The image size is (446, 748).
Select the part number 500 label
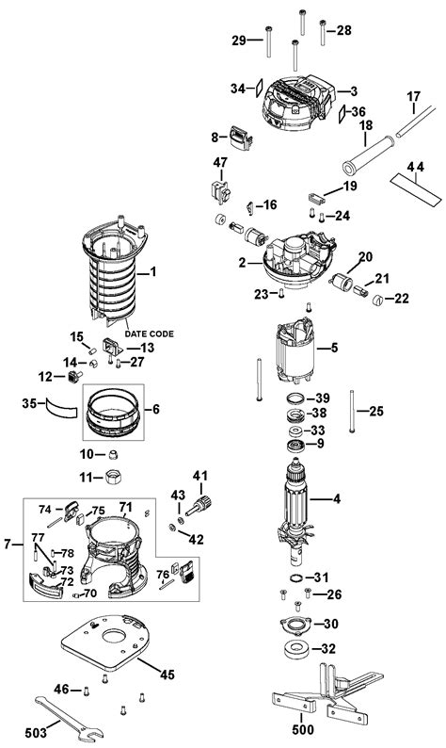click(303, 729)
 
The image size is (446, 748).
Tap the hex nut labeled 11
click(113, 476)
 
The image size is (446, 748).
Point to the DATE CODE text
click(150, 333)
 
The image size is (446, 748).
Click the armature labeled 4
click(296, 511)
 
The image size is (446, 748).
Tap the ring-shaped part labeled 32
click(296, 650)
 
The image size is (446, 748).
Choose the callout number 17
click(413, 96)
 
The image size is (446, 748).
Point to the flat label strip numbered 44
click(416, 189)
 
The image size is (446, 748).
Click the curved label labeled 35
click(61, 408)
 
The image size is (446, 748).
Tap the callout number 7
click(7, 544)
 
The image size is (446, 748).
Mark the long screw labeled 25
click(352, 411)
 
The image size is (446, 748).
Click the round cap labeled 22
click(377, 301)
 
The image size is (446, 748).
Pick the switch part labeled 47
click(220, 191)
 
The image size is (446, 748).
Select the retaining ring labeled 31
click(296, 578)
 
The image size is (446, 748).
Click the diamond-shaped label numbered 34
click(258, 88)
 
